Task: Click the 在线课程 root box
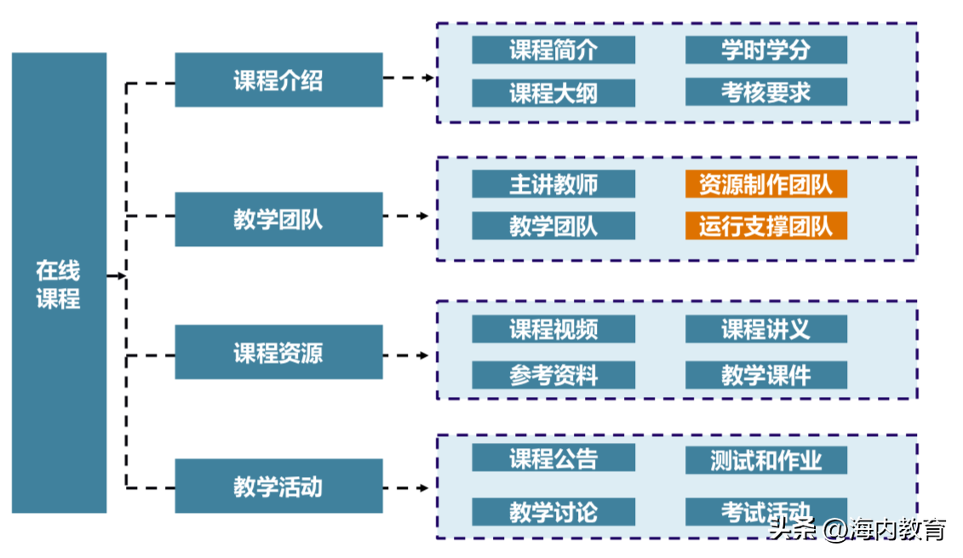[x=59, y=283]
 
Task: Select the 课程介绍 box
[x=278, y=80]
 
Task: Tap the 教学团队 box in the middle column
[x=278, y=219]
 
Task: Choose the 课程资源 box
[x=278, y=352]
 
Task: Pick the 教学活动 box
[x=278, y=486]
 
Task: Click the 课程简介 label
[x=553, y=49]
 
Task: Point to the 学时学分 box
[x=765, y=49]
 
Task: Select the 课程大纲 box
[x=553, y=93]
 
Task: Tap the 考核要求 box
[x=765, y=92]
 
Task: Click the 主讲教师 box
[x=553, y=184]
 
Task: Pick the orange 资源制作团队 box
[x=765, y=184]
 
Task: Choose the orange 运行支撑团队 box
[x=765, y=226]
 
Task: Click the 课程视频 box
[x=553, y=330]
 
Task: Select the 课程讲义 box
[x=765, y=330]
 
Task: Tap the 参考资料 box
[x=553, y=375]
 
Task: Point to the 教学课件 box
[x=765, y=375]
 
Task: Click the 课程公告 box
[x=553, y=458]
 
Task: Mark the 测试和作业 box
[x=765, y=460]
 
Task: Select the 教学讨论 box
[x=553, y=511]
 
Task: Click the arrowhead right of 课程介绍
[x=429, y=78]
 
